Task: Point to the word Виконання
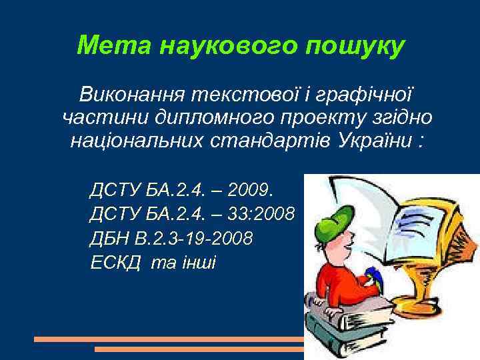click(131, 93)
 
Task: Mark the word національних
click(130, 142)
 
